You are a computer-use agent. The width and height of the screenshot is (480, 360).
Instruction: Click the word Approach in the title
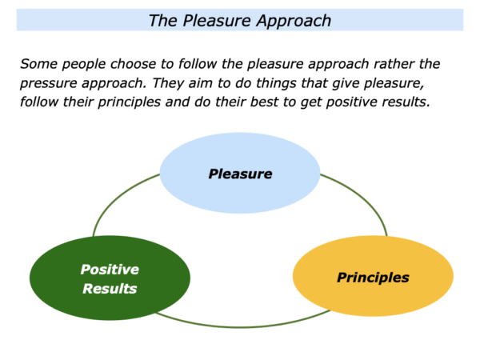pyautogui.click(x=294, y=22)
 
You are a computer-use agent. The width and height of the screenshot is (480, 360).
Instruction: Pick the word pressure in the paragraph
pyautogui.click(x=48, y=83)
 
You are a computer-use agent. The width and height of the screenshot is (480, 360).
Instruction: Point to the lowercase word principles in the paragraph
pyautogui.click(x=129, y=102)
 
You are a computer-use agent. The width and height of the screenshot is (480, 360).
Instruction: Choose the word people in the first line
pyautogui.click(x=84, y=64)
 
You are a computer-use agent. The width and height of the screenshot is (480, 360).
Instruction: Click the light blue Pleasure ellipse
pyautogui.click(x=240, y=173)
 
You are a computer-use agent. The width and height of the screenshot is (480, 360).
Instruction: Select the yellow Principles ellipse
pyautogui.click(x=373, y=276)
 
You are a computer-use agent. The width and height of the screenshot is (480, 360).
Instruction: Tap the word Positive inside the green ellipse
pyautogui.click(x=110, y=270)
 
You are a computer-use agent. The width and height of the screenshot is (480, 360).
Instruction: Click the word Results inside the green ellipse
pyautogui.click(x=110, y=289)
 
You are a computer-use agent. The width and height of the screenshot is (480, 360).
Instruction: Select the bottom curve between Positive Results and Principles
pyautogui.click(x=242, y=327)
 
